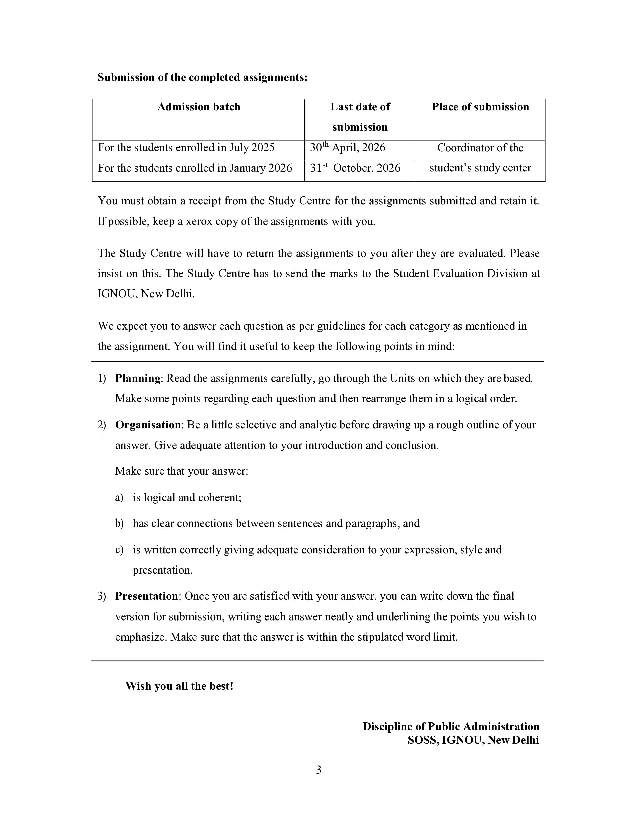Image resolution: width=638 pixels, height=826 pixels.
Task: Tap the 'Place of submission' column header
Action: [480, 107]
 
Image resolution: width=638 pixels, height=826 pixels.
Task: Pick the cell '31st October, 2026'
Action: [355, 168]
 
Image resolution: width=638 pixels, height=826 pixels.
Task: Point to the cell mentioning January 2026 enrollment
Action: [195, 168]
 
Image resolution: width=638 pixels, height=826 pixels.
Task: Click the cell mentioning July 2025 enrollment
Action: [186, 147]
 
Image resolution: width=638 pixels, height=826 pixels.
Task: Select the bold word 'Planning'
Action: [138, 378]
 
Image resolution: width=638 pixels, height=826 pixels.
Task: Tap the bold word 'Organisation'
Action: [148, 425]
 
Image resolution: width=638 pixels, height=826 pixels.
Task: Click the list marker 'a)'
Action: [119, 497]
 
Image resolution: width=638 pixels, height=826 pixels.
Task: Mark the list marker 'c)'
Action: [119, 550]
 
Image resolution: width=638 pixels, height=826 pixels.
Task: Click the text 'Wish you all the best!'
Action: [179, 686]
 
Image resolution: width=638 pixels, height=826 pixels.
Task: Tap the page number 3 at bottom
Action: [318, 770]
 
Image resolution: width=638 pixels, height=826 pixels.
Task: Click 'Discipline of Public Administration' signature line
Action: [451, 727]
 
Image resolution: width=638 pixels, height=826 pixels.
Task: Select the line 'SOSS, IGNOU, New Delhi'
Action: [473, 740]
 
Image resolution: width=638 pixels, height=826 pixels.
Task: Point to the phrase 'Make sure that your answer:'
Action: [181, 471]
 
